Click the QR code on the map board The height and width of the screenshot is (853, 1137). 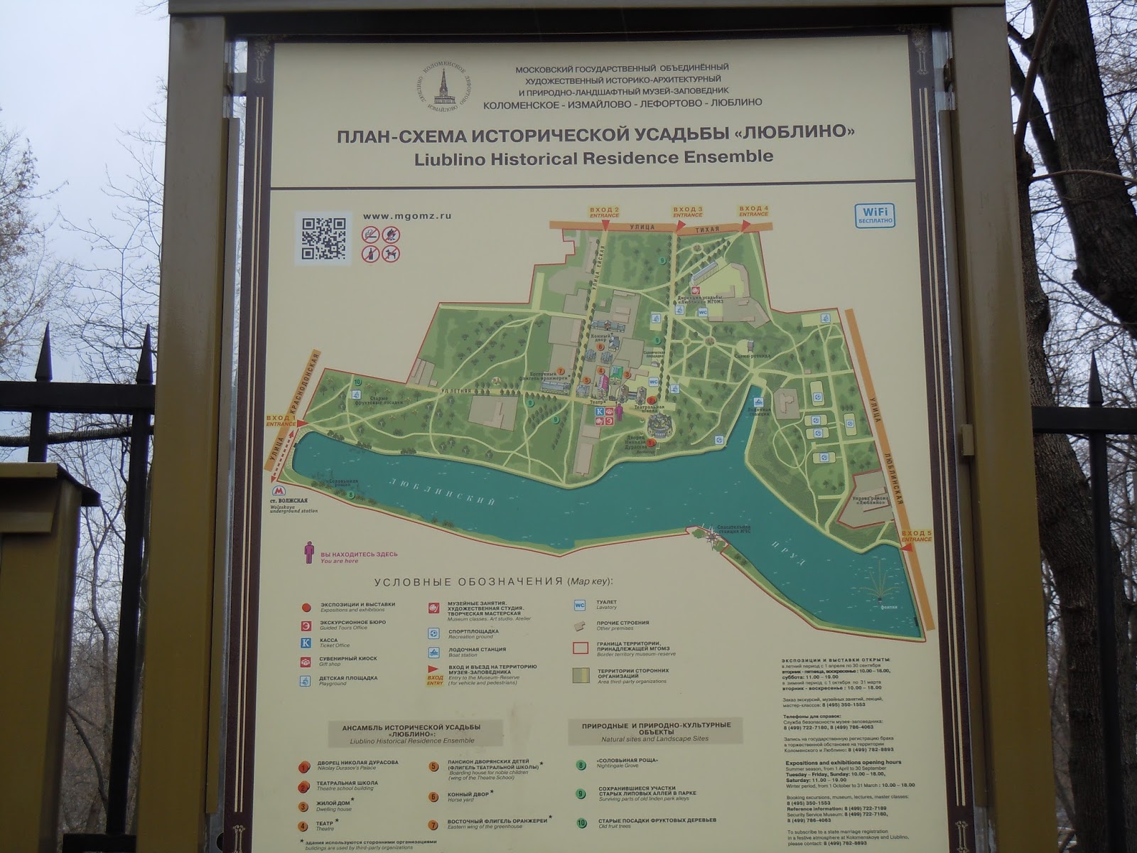point(323,237)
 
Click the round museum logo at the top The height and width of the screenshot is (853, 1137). point(445,88)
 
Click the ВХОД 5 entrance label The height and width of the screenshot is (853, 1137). point(916,535)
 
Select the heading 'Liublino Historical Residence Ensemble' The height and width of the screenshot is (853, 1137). point(593,157)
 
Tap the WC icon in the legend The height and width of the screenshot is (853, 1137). point(579,606)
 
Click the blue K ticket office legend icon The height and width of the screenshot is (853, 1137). point(306,642)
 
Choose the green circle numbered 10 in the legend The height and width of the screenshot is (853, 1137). point(582,824)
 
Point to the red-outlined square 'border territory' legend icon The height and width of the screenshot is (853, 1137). point(581,648)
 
